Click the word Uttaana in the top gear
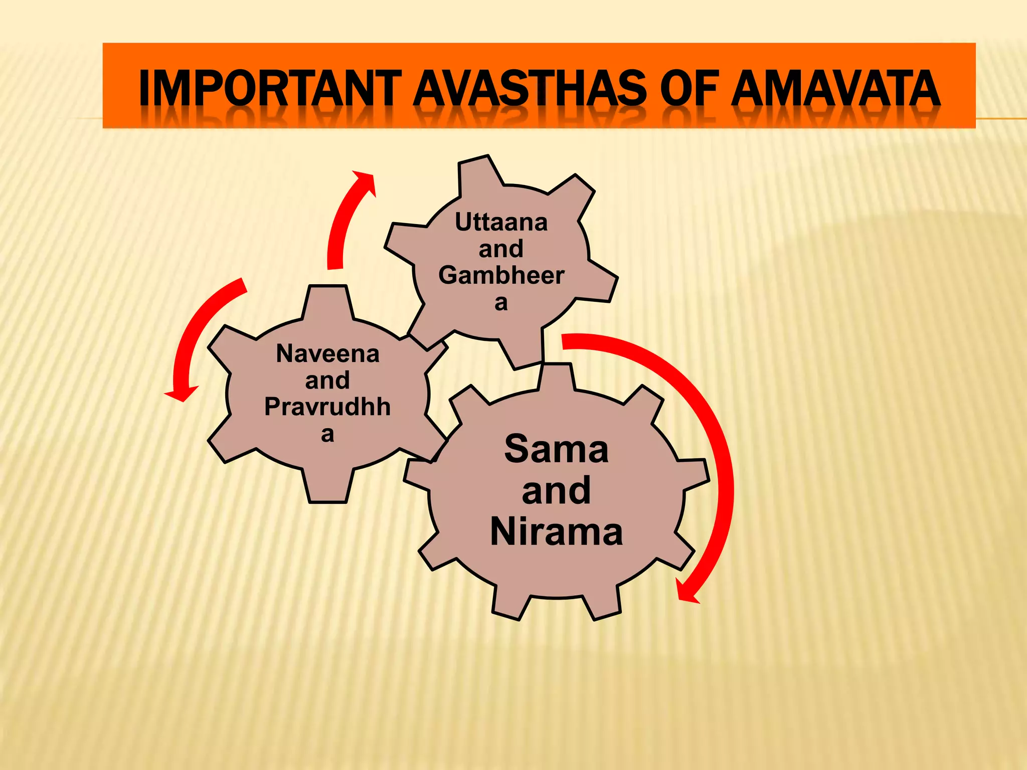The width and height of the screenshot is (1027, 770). tap(501, 222)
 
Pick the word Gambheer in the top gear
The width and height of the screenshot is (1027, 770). tap(501, 275)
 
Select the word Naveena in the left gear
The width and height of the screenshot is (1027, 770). tap(327, 354)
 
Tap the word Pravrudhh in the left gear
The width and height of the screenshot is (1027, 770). tap(327, 407)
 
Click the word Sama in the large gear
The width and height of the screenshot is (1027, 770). tap(556, 449)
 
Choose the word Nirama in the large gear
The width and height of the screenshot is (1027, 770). tap(556, 532)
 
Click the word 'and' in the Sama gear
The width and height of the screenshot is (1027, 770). tap(556, 490)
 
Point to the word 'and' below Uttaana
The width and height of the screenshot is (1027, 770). tap(501, 249)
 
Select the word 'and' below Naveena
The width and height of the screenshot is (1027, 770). tap(327, 380)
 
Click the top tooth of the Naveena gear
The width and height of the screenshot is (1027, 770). tap(328, 301)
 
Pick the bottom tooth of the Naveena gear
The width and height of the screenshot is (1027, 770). tap(328, 486)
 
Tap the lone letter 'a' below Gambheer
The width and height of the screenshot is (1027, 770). tap(501, 303)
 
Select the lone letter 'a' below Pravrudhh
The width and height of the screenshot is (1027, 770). tap(327, 434)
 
